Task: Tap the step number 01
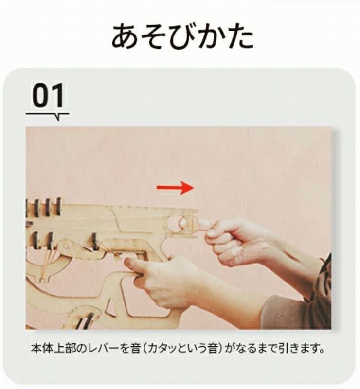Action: (x=48, y=95)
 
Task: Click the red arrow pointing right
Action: (x=175, y=188)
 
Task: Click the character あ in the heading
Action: (x=124, y=36)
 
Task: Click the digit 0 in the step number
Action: (x=40, y=95)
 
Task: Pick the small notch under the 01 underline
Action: (x=57, y=117)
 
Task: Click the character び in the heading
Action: (x=183, y=35)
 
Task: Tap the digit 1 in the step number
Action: (x=58, y=95)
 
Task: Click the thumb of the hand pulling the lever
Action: (x=207, y=225)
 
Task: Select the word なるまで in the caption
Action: (x=256, y=349)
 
